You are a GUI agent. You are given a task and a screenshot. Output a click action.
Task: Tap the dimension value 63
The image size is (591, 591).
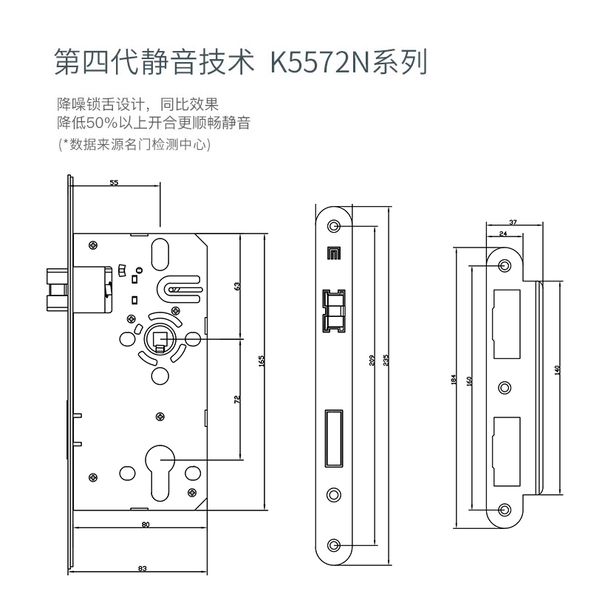[239, 286]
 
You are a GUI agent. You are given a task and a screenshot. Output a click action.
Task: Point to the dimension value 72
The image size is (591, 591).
[237, 399]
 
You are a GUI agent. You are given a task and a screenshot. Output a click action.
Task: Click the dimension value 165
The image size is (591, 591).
[262, 361]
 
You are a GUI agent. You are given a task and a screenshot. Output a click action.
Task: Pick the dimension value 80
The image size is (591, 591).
[145, 525]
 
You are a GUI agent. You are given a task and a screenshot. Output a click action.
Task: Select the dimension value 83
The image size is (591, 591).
[143, 568]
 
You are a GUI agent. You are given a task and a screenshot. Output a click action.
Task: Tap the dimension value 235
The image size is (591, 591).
[386, 361]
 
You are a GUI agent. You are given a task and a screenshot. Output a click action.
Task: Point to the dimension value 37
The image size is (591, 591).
[513, 221]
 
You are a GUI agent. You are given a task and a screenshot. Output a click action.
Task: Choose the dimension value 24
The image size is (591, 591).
[503, 233]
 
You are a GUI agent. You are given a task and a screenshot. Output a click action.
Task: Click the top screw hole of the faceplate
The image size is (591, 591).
[335, 225]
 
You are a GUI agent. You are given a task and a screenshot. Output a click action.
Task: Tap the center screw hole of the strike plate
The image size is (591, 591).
[505, 387]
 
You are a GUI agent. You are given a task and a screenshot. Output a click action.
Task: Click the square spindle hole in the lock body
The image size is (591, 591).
[161, 338]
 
